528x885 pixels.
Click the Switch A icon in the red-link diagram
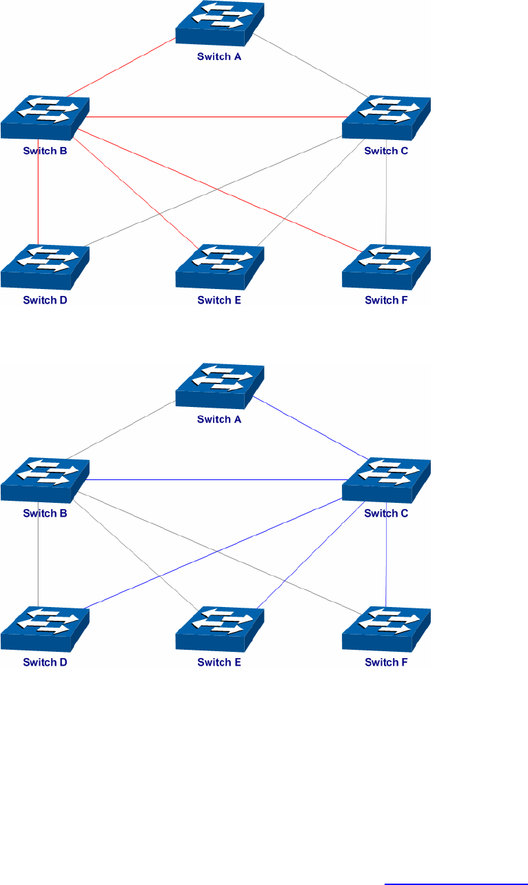[219, 26]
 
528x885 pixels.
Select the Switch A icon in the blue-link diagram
[219, 388]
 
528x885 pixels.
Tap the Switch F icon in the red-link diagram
[386, 266]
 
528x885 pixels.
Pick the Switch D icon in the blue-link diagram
[45, 628]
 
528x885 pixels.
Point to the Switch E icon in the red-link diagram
[219, 266]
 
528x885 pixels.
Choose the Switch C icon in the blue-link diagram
[386, 480]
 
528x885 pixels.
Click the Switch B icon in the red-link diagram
[45, 118]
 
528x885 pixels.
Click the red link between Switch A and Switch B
[121, 68]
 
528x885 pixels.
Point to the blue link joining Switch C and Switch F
[386, 559]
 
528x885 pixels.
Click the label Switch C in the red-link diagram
[386, 151]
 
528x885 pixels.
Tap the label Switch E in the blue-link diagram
[219, 663]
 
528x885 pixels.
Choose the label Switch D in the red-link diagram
[45, 300]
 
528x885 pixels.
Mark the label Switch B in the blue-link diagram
[45, 513]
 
